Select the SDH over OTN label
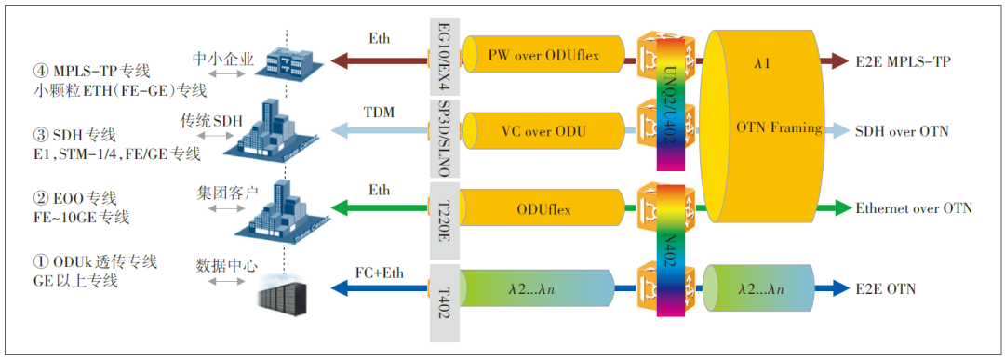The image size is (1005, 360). coord(902,131)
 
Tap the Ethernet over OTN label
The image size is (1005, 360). coord(914,207)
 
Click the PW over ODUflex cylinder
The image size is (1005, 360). coord(543,57)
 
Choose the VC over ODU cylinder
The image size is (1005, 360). coord(543,130)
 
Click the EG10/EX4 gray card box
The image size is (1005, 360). coord(445,57)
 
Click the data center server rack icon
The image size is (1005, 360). coord(283,300)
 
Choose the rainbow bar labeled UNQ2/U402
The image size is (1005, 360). coord(670,103)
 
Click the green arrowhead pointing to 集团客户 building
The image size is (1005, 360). coord(339,207)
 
